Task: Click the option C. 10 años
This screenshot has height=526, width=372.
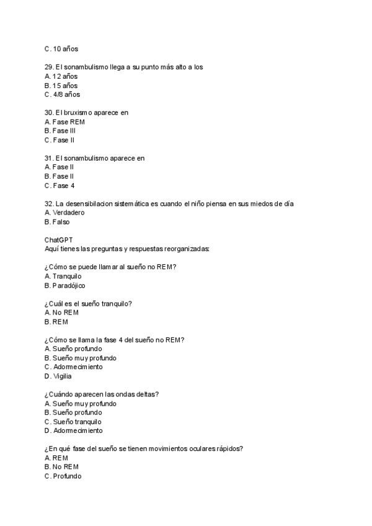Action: tap(61, 49)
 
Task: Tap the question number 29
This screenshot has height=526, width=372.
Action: tap(49, 67)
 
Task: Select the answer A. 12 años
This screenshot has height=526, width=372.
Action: tap(61, 76)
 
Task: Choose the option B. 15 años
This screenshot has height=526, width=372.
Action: tap(61, 86)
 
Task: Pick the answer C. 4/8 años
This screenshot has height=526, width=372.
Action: tap(62, 95)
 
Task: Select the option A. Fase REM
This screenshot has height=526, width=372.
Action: tap(64, 122)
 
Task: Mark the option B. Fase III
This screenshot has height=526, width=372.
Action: tap(60, 131)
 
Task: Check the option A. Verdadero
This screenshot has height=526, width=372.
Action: tap(64, 213)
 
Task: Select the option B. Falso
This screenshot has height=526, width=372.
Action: tap(57, 221)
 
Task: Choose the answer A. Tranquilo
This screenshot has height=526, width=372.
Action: tap(63, 276)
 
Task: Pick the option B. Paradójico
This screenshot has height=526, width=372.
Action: tap(64, 285)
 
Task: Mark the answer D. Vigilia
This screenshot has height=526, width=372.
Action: tap(58, 376)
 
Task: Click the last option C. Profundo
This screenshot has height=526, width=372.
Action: tap(63, 476)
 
